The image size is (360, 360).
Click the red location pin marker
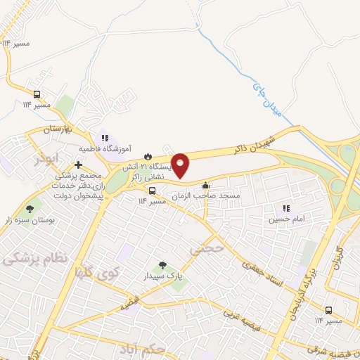point(181,165)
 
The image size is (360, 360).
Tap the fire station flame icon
point(147,156)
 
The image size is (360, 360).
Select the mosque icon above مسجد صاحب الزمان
point(205,186)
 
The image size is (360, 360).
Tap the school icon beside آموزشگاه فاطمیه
point(105,138)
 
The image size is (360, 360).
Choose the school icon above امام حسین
point(286,208)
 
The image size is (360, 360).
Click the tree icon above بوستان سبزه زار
point(30,209)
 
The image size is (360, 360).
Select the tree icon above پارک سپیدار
point(163,266)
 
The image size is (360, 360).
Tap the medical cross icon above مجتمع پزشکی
point(78,164)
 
